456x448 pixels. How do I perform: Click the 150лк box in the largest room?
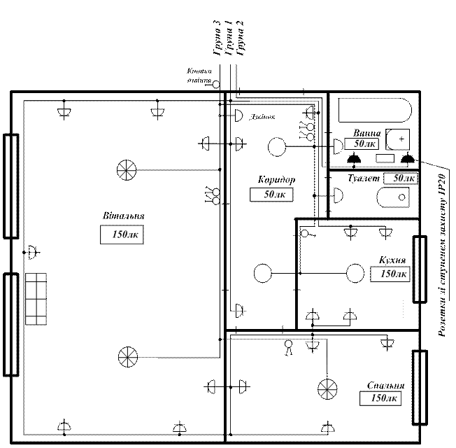click(123, 235)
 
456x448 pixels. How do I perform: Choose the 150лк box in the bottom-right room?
click(380, 398)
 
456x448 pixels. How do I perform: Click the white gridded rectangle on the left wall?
click(36, 299)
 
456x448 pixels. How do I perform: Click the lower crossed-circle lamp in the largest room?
click(127, 356)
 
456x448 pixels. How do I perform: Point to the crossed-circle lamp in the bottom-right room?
click(326, 390)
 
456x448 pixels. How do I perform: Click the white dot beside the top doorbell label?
click(217, 85)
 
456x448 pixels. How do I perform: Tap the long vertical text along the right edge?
click(442, 255)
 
